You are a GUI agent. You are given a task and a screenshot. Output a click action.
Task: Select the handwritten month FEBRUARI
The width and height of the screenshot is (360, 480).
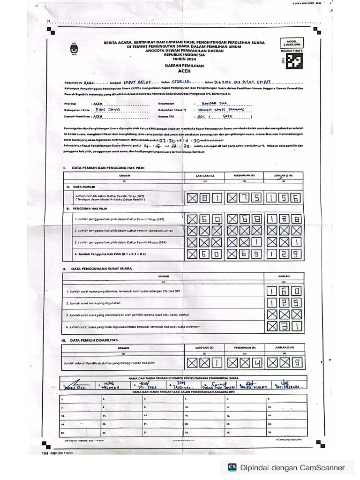coord(180,82)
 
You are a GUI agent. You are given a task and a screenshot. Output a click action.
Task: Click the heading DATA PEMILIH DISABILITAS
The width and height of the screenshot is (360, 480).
coord(93,340)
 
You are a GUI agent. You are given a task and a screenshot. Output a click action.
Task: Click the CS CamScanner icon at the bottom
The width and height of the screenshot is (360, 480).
coord(232,467)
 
